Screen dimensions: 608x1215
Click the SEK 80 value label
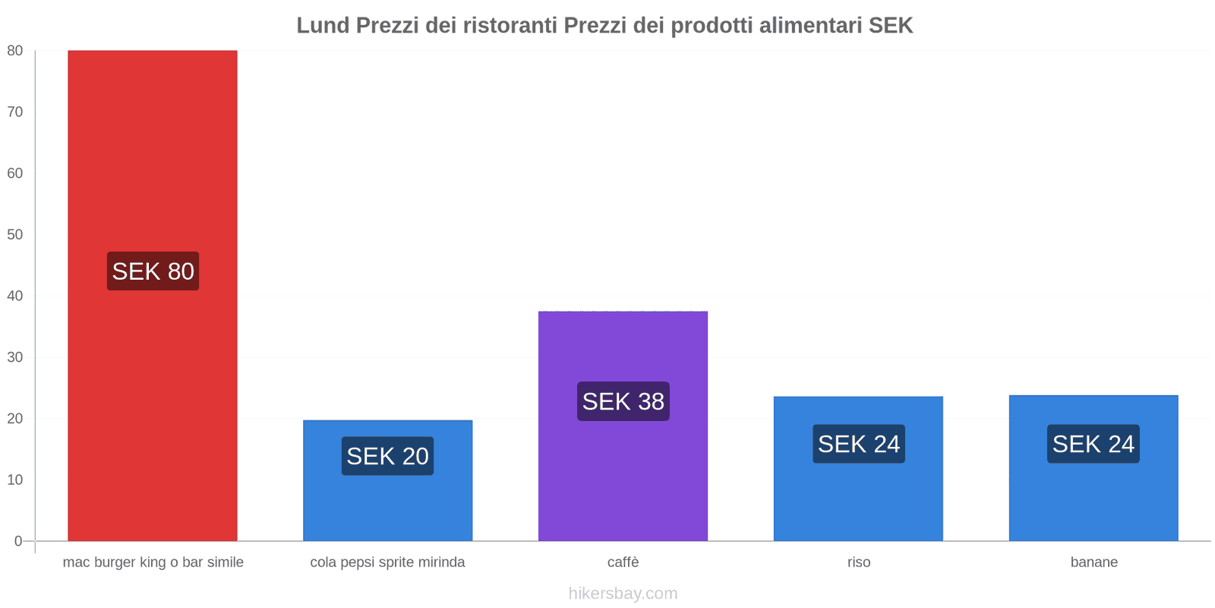click(x=153, y=271)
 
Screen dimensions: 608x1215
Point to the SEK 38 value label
click(x=623, y=401)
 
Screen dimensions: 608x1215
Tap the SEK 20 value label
click(x=387, y=456)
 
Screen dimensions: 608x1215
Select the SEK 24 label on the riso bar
click(x=858, y=444)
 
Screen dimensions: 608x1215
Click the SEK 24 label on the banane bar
click(x=1093, y=444)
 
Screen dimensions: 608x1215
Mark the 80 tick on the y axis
click(x=15, y=51)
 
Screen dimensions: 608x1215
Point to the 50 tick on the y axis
click(x=15, y=235)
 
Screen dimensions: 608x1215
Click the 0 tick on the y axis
click(x=18, y=541)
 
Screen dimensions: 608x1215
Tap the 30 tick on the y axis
click(x=15, y=357)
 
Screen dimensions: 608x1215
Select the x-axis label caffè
click(x=623, y=562)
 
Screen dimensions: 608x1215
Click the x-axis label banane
click(x=1093, y=562)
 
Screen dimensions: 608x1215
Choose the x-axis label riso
click(x=858, y=562)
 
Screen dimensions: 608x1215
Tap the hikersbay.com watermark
click(x=623, y=594)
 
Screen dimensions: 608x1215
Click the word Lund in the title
click(x=323, y=26)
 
